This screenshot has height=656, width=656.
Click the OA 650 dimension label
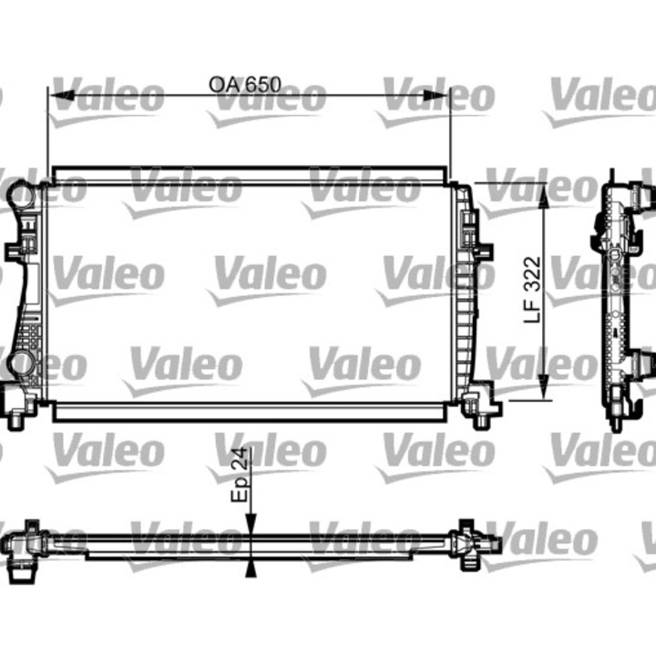tap(244, 85)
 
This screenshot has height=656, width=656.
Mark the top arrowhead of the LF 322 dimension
tap(544, 188)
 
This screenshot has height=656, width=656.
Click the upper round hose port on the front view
tap(20, 194)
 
